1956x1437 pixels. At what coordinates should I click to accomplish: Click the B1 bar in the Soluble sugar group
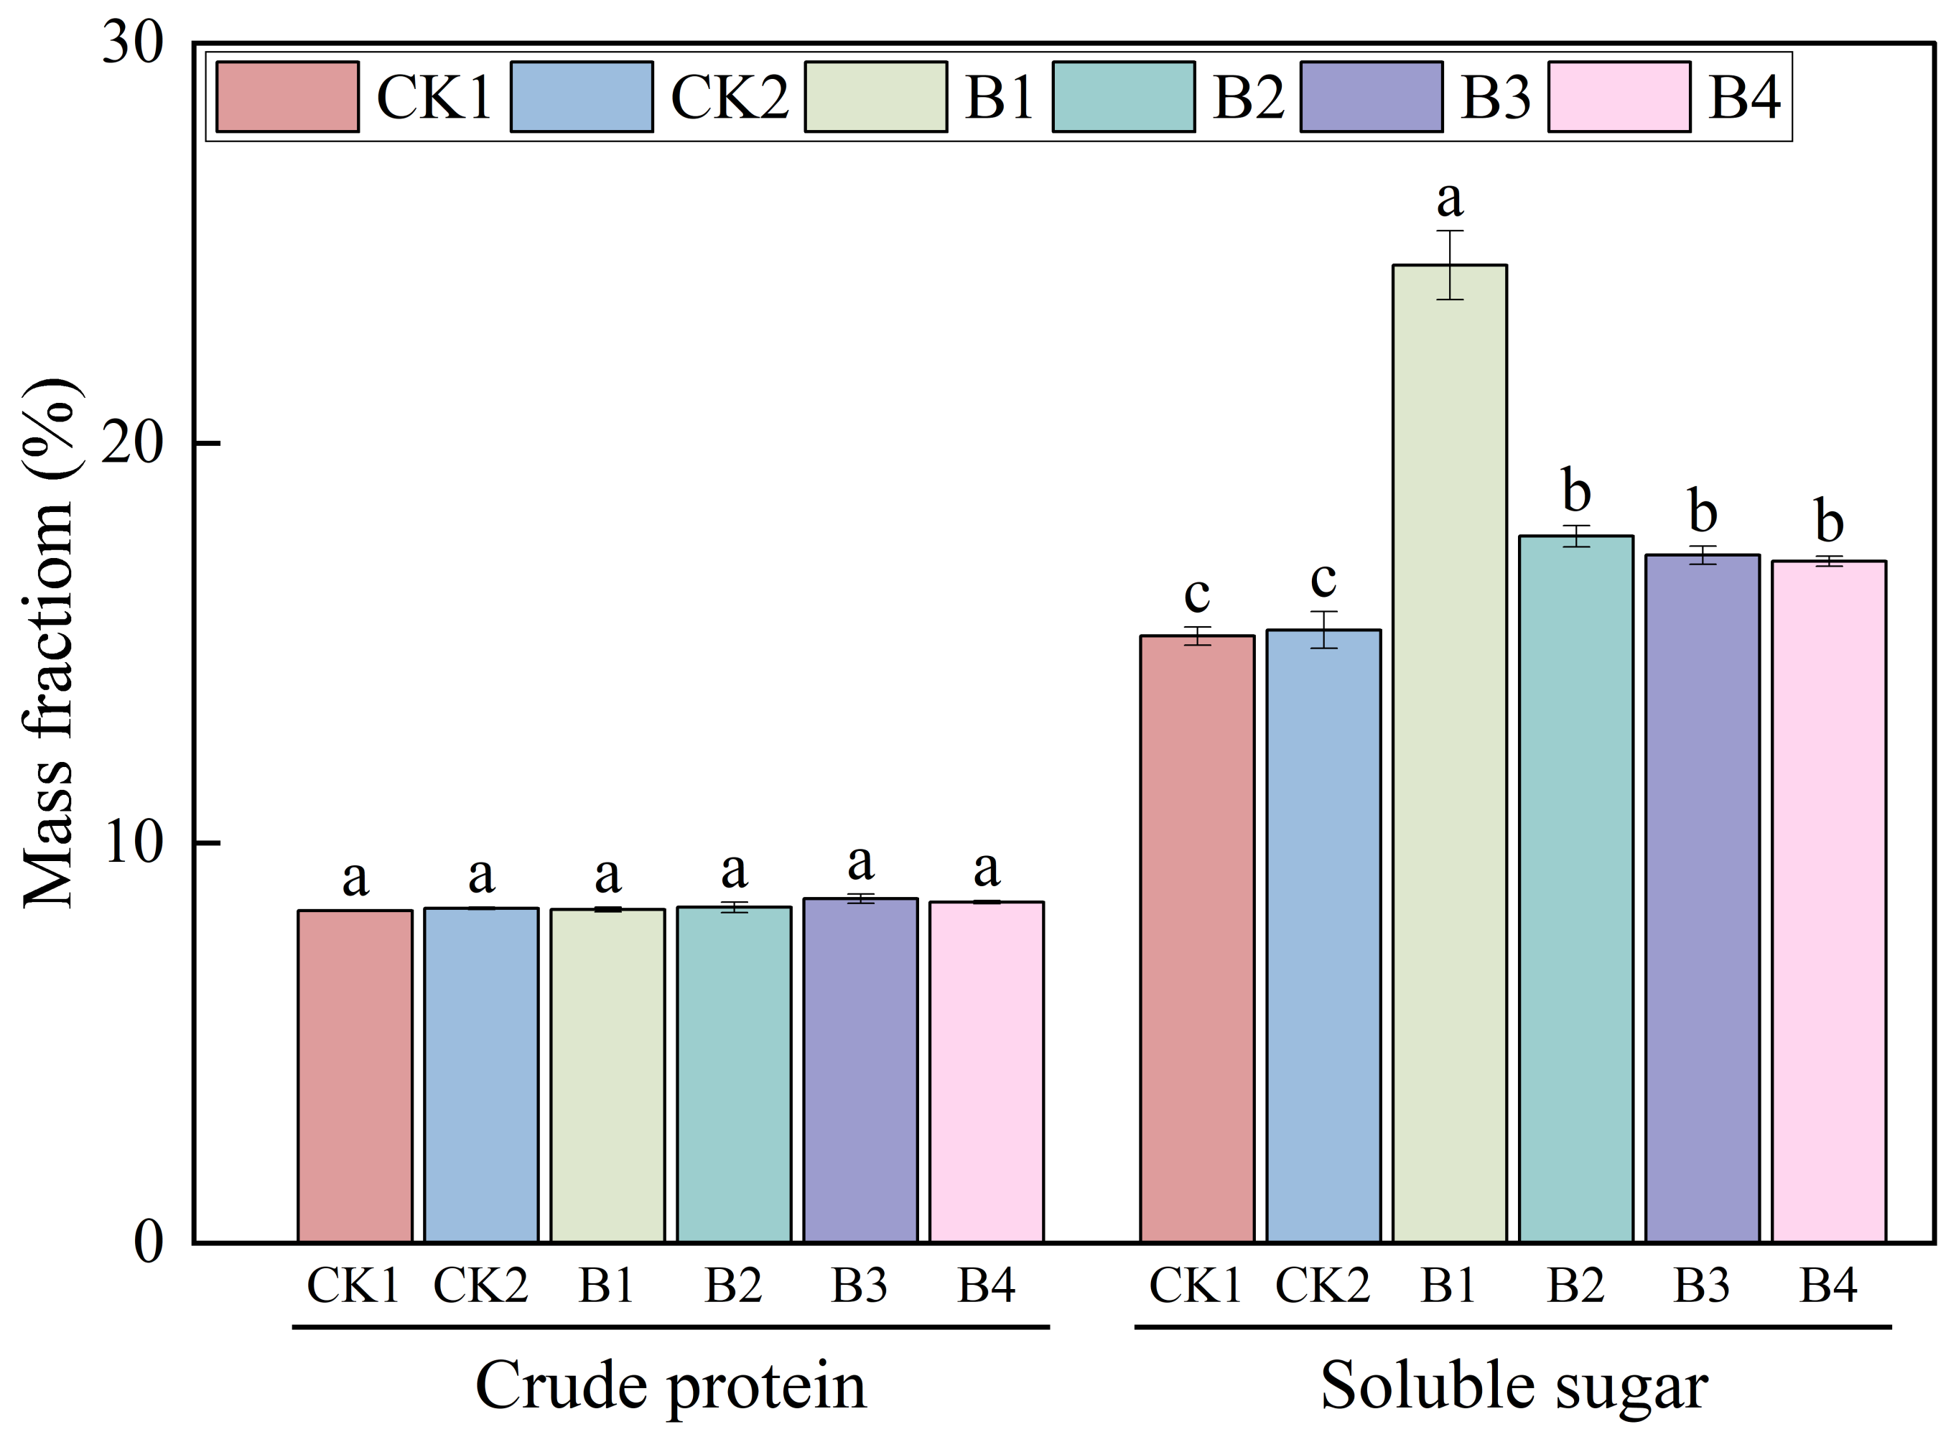[x=1449, y=753]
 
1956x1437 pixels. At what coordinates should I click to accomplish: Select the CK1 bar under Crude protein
[x=355, y=1076]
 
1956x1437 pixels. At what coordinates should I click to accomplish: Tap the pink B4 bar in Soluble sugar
[x=1828, y=901]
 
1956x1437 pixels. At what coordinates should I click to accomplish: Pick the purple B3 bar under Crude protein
[x=860, y=1070]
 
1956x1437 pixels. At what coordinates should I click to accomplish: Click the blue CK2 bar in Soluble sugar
[x=1323, y=936]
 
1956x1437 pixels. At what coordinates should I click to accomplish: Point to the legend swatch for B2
[x=1123, y=96]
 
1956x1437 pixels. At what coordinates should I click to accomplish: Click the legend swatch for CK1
[x=287, y=96]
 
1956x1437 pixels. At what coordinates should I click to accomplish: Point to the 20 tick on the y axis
[x=132, y=444]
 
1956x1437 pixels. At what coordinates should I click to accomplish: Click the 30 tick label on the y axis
[x=132, y=42]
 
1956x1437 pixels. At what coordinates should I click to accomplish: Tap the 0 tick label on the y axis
[x=148, y=1242]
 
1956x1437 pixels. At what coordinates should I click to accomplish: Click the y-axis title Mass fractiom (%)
[x=50, y=643]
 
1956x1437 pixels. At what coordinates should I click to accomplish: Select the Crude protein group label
[x=671, y=1385]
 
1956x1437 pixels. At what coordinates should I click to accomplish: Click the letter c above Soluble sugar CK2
[x=1323, y=578]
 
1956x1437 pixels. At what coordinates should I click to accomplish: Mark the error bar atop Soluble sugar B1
[x=1449, y=264]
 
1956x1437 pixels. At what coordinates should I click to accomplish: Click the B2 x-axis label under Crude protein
[x=733, y=1285]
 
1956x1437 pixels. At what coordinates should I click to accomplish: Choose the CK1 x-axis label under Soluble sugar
[x=1196, y=1285]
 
